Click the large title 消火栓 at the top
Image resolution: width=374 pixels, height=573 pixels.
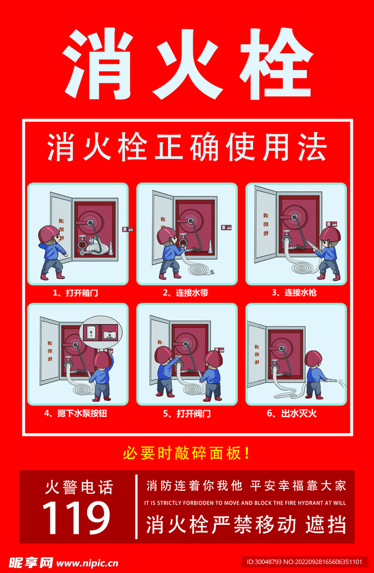click(x=187, y=63)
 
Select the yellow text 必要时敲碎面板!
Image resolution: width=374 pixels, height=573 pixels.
click(x=186, y=453)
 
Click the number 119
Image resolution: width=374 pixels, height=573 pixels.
click(x=77, y=518)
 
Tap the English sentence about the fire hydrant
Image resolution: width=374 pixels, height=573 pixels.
click(x=245, y=503)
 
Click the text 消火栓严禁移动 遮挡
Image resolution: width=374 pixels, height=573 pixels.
click(x=246, y=524)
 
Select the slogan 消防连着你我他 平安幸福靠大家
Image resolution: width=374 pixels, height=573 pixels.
click(x=246, y=485)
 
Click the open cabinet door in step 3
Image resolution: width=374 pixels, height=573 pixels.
click(x=265, y=224)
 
